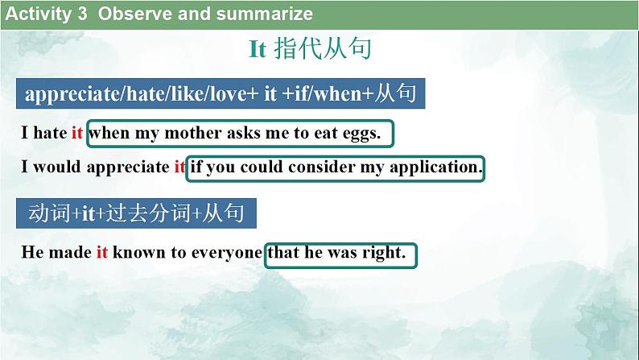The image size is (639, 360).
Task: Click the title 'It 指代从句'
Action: coord(310,50)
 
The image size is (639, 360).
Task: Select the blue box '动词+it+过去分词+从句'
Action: coord(136,213)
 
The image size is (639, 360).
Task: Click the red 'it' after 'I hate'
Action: coord(77,134)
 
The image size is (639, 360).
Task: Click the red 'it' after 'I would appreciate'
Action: coord(179,168)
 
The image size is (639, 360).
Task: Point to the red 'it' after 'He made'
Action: coord(102,252)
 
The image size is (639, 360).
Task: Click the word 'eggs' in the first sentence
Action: coord(360,134)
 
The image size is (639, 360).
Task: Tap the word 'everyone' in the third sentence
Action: coord(227,252)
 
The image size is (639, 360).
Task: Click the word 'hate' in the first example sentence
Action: coord(50,134)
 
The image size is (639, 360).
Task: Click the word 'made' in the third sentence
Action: coord(69,252)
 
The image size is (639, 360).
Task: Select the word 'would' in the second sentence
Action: coord(56,168)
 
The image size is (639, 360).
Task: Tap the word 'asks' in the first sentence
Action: coord(245,134)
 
